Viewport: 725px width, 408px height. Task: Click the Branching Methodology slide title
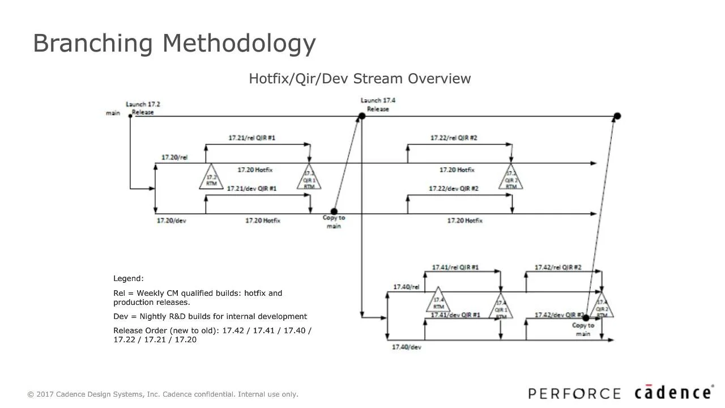174,44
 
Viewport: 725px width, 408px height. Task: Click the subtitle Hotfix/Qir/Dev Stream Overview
360,79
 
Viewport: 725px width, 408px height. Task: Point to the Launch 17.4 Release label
378,105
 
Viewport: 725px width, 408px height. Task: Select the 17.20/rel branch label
174,157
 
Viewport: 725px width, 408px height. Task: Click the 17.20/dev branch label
171,220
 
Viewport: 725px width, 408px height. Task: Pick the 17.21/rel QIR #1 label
252,138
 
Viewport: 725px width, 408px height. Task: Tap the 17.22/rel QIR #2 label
454,138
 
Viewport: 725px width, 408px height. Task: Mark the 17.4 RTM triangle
438,301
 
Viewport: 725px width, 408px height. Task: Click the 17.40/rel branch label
406,287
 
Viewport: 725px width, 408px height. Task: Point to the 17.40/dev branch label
406,347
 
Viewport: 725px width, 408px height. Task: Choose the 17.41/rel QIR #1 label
455,267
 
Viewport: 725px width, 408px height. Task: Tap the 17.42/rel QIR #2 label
558,267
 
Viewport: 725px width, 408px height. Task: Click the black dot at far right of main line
617,116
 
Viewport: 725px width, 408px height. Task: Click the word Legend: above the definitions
129,279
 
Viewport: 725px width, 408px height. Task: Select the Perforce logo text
574,394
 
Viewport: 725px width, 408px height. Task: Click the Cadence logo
672,393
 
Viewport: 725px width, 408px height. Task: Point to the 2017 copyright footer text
163,394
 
